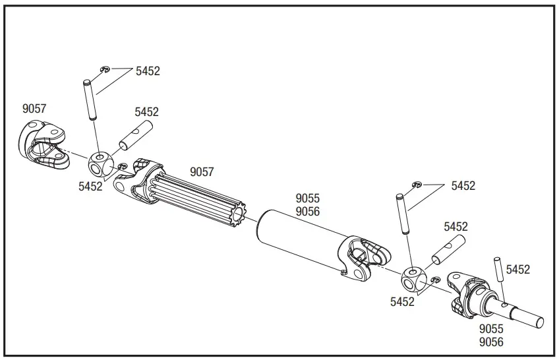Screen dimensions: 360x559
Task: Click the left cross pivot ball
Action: pyautogui.click(x=100, y=162)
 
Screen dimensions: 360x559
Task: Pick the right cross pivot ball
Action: pyautogui.click(x=415, y=278)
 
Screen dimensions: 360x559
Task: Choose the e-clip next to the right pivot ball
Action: pyautogui.click(x=433, y=282)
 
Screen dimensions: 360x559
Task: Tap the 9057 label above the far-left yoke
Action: pyautogui.click(x=34, y=109)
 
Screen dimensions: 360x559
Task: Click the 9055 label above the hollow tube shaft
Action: pyautogui.click(x=307, y=198)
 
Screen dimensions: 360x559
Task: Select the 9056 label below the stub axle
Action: pyautogui.click(x=492, y=342)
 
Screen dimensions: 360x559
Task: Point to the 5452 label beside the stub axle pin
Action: pyautogui.click(x=518, y=270)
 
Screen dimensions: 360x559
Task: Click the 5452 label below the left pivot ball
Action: pyautogui.click(x=91, y=187)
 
